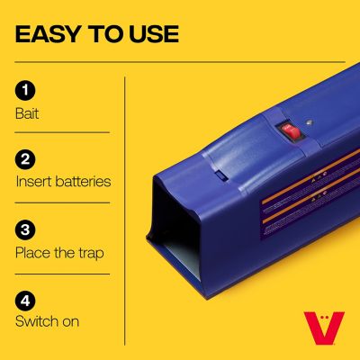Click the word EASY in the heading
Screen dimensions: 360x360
49,35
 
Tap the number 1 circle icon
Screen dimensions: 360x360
25,90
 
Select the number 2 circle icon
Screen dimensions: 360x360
25,160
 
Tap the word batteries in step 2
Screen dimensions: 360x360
85,181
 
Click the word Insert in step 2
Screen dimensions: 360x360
35,181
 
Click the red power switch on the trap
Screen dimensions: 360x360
291,131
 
